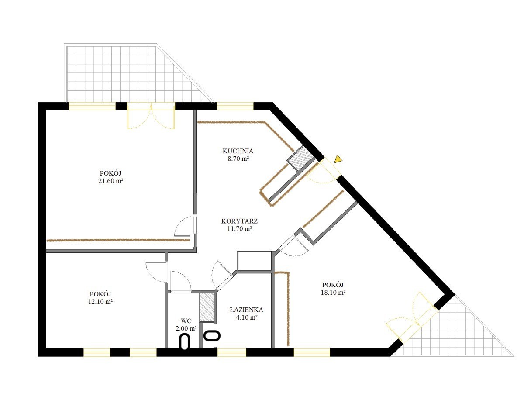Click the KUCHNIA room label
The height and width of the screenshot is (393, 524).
238,151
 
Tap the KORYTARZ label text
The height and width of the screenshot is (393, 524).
239,221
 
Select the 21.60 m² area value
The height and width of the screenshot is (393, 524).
110,181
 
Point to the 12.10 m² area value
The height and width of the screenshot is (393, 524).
100,302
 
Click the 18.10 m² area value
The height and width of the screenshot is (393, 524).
333,293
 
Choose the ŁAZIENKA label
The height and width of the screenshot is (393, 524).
246,310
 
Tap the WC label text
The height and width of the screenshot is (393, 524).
186,321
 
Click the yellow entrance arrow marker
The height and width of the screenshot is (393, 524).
338,159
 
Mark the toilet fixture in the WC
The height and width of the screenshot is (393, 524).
185,342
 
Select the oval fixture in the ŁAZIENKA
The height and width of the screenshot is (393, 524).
211,335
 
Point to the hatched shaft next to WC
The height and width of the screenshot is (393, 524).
207,307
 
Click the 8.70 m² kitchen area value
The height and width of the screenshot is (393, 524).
238,159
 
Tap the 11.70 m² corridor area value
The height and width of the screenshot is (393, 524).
239,229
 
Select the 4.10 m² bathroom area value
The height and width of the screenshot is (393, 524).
247,317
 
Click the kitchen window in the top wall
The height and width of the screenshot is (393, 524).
235,106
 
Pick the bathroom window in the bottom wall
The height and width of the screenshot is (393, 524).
231,352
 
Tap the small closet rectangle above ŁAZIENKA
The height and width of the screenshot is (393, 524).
255,261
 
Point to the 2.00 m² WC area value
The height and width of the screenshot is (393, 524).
186,328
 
